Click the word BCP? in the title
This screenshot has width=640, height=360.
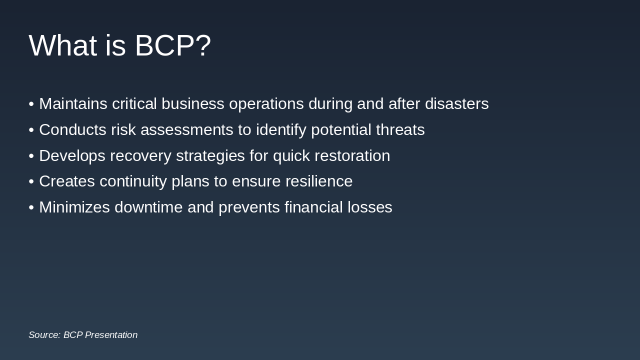pyautogui.click(x=172, y=45)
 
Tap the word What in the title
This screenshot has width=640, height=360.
pyautogui.click(x=62, y=45)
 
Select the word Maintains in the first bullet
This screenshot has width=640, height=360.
pyautogui.click(x=73, y=104)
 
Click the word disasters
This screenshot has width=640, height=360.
pyautogui.click(x=456, y=104)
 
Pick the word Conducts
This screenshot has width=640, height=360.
pyautogui.click(x=72, y=130)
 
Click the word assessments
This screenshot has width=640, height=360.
pyautogui.click(x=187, y=130)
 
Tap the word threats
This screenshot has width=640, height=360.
pyautogui.click(x=400, y=130)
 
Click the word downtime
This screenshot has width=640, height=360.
pyautogui.click(x=148, y=207)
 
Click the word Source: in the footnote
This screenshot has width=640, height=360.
pyautogui.click(x=44, y=335)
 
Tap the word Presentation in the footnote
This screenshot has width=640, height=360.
pyautogui.click(x=111, y=335)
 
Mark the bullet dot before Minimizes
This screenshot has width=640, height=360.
pyautogui.click(x=31, y=207)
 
